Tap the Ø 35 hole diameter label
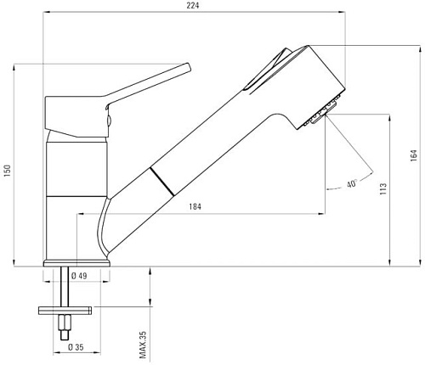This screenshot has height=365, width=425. tap(76, 345)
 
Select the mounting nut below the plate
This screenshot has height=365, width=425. tap(65, 323)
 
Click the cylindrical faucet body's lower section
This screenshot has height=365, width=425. tap(76, 229)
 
